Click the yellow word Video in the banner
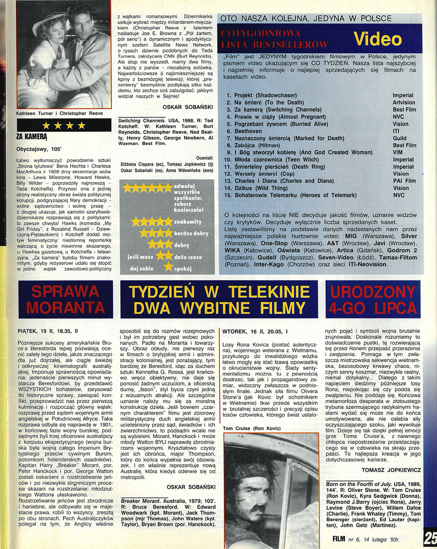point(378,39)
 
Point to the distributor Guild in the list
point(400,138)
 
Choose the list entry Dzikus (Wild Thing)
point(262,188)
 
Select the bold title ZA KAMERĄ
point(32,136)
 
